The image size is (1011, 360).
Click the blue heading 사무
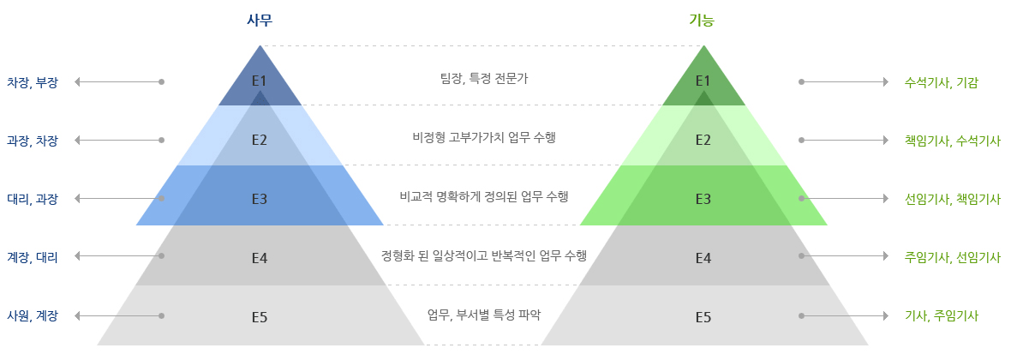tap(260, 20)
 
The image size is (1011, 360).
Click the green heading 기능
tap(702, 20)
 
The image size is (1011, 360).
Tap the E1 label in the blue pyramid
tap(260, 81)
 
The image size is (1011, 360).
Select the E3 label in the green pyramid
tap(703, 199)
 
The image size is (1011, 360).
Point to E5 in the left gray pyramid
tap(260, 317)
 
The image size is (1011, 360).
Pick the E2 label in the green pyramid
tap(703, 140)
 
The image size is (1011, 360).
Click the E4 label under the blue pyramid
tap(260, 258)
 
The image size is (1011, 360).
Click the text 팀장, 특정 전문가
tap(484, 79)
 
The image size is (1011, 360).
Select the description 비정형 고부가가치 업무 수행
tap(484, 137)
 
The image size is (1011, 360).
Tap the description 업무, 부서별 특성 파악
tap(484, 315)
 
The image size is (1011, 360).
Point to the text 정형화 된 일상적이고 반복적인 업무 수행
tap(484, 255)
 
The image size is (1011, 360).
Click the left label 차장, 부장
tap(33, 82)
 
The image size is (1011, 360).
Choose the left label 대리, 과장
tap(33, 200)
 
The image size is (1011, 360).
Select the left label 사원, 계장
tap(33, 316)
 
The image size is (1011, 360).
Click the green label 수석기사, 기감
tap(942, 82)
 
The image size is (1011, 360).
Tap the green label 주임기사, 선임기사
tap(953, 257)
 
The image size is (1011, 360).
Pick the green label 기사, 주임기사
tap(942, 316)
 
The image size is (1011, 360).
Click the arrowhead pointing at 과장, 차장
tap(77, 140)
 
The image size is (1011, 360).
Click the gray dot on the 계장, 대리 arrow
tap(161, 256)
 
